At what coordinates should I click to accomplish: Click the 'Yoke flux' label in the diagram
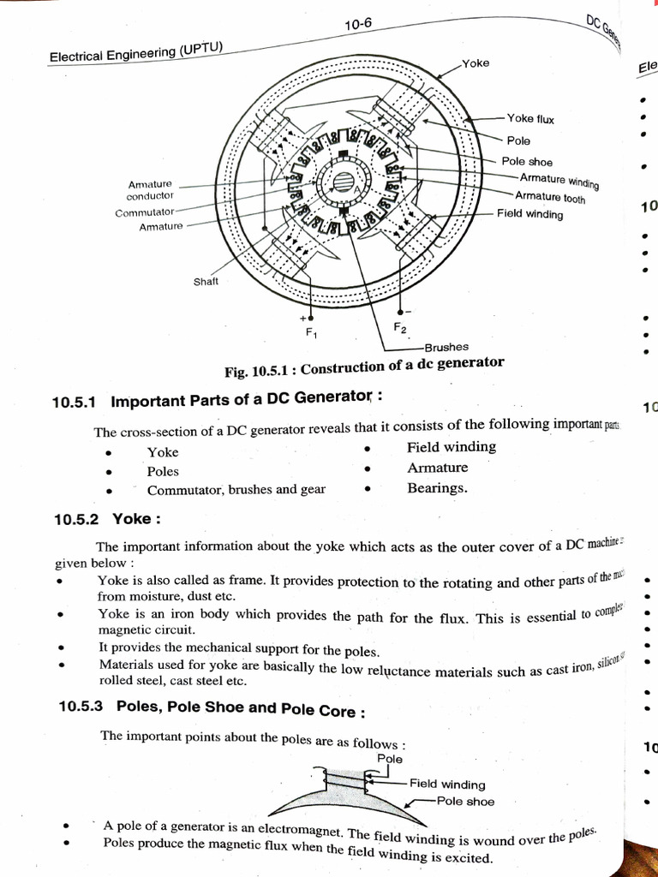(x=530, y=119)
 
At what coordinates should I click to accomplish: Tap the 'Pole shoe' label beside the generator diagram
(x=527, y=162)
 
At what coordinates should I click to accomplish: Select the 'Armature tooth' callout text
(x=550, y=198)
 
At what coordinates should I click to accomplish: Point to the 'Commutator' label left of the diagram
(x=144, y=212)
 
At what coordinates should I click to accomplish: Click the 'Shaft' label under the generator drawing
(x=206, y=282)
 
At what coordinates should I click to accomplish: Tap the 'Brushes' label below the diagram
(x=446, y=347)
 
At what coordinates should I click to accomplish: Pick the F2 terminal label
(x=400, y=328)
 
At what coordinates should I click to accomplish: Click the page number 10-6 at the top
(x=358, y=26)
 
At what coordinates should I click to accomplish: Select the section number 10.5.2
(x=77, y=519)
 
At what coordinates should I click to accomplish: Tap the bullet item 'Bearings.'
(x=437, y=488)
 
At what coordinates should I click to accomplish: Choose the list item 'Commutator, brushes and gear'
(x=236, y=490)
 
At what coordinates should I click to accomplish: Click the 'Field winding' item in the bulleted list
(x=451, y=447)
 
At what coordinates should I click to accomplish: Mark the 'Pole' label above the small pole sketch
(x=389, y=759)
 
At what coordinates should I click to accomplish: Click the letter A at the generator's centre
(x=360, y=182)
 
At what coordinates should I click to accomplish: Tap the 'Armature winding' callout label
(x=559, y=181)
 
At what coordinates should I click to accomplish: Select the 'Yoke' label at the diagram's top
(x=476, y=63)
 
